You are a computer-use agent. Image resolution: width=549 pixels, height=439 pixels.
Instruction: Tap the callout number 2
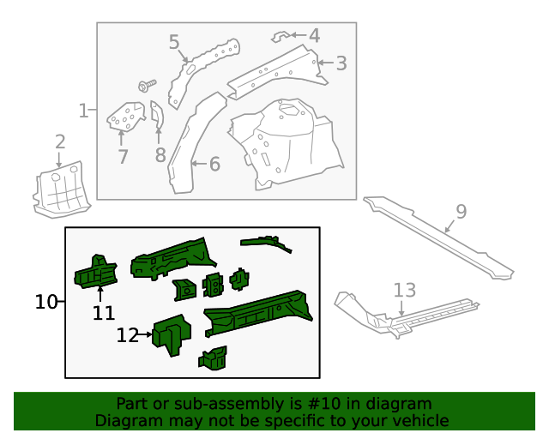(59, 141)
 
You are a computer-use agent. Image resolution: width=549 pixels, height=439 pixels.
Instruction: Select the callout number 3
(341, 63)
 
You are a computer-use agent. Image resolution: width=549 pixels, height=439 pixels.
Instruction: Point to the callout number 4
(314, 36)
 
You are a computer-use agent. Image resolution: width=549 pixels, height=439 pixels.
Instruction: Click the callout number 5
(174, 42)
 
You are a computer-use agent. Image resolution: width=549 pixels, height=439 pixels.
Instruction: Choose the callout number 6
(214, 164)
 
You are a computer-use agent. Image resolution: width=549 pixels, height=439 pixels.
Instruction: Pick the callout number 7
(123, 157)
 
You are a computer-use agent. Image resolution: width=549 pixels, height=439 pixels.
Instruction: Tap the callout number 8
(160, 155)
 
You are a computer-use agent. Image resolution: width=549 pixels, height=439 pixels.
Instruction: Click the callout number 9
(461, 212)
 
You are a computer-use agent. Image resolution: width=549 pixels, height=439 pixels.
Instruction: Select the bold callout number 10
(46, 302)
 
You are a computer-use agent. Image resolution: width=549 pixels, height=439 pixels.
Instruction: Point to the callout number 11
(104, 314)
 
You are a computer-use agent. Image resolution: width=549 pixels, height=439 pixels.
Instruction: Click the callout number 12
(127, 336)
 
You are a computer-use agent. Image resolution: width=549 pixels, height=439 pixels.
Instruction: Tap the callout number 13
(404, 290)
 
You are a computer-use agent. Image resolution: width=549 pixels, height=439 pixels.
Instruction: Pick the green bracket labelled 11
(95, 271)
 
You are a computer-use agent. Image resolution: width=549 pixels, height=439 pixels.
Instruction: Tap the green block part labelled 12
(172, 333)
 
